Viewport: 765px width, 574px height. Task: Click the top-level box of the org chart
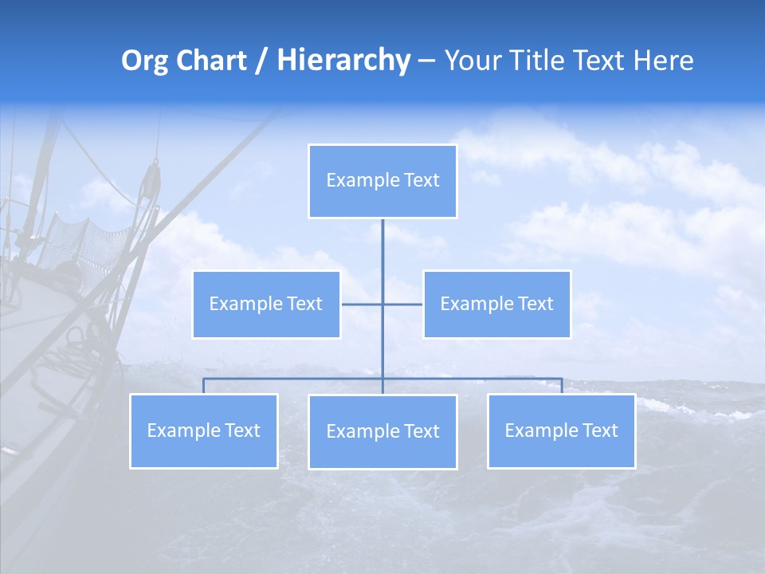[x=382, y=181]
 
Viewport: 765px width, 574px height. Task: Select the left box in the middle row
[x=266, y=304]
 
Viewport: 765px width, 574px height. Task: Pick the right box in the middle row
[x=496, y=304]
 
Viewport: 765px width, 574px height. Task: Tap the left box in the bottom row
[x=203, y=431]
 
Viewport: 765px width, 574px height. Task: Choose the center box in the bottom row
[x=382, y=431]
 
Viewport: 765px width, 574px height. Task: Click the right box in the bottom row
[x=561, y=431]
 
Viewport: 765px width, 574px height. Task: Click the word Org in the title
[x=144, y=61]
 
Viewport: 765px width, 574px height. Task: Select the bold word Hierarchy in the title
[x=343, y=61]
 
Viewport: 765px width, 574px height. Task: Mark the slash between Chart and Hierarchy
[x=261, y=61]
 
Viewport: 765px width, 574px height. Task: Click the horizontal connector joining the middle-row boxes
[x=363, y=304]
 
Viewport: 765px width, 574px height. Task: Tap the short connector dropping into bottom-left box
[x=203, y=386]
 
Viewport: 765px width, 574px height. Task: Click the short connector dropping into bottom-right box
[x=562, y=386]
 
